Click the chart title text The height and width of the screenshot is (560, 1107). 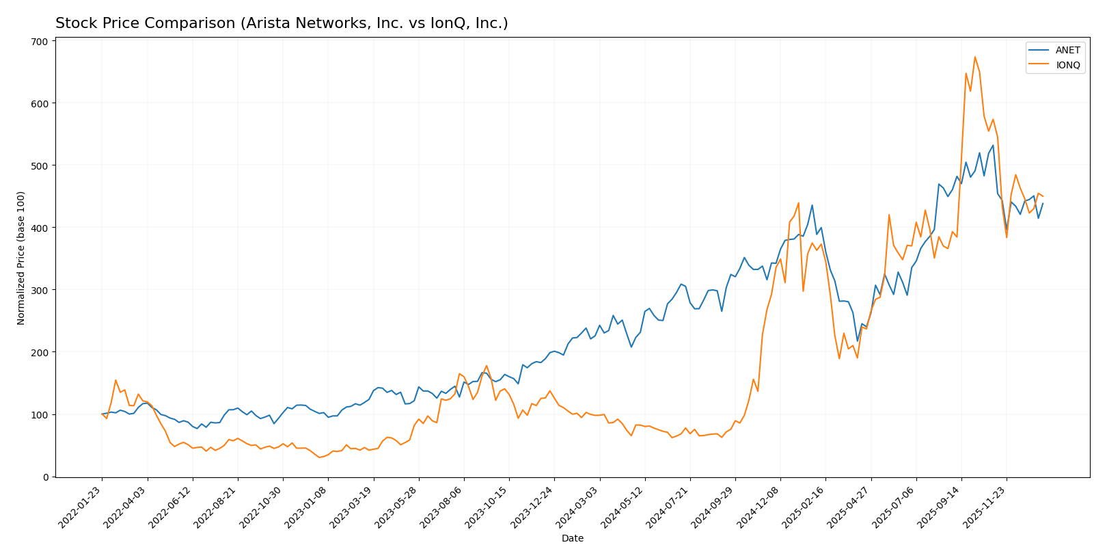[282, 23]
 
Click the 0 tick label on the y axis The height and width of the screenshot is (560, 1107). [45, 477]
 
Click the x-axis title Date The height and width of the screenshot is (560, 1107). [572, 538]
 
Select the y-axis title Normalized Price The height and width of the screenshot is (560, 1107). [21, 258]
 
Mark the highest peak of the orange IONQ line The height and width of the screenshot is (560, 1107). [974, 57]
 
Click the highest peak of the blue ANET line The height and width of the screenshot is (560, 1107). [993, 145]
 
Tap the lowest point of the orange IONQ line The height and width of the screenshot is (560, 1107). [319, 457]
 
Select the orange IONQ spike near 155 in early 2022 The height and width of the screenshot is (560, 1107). [115, 380]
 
